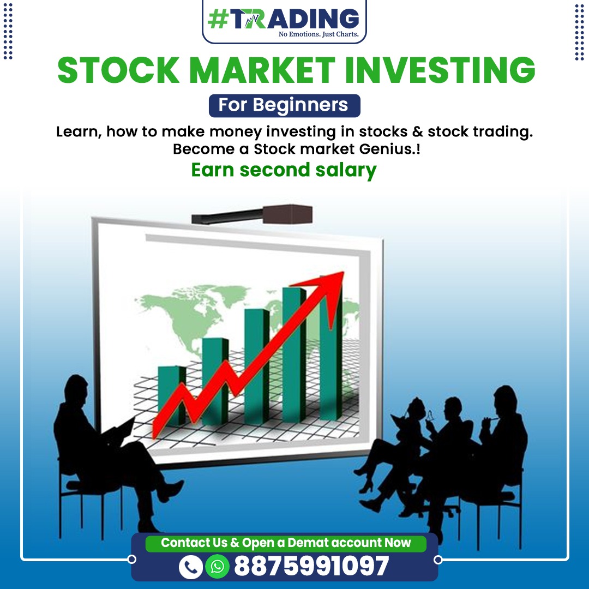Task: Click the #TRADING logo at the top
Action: click(284, 21)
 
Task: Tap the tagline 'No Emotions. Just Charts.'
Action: click(318, 34)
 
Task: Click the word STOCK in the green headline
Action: click(119, 70)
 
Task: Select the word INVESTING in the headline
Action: click(440, 70)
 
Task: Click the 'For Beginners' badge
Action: click(284, 105)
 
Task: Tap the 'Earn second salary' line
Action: click(284, 170)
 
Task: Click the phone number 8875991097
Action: click(312, 566)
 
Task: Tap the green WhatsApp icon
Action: click(217, 567)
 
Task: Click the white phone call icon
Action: click(191, 567)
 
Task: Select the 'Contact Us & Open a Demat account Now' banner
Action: click(286, 543)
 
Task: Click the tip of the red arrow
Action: click(344, 272)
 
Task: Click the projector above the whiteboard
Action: click(252, 214)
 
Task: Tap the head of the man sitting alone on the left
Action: click(77, 389)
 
